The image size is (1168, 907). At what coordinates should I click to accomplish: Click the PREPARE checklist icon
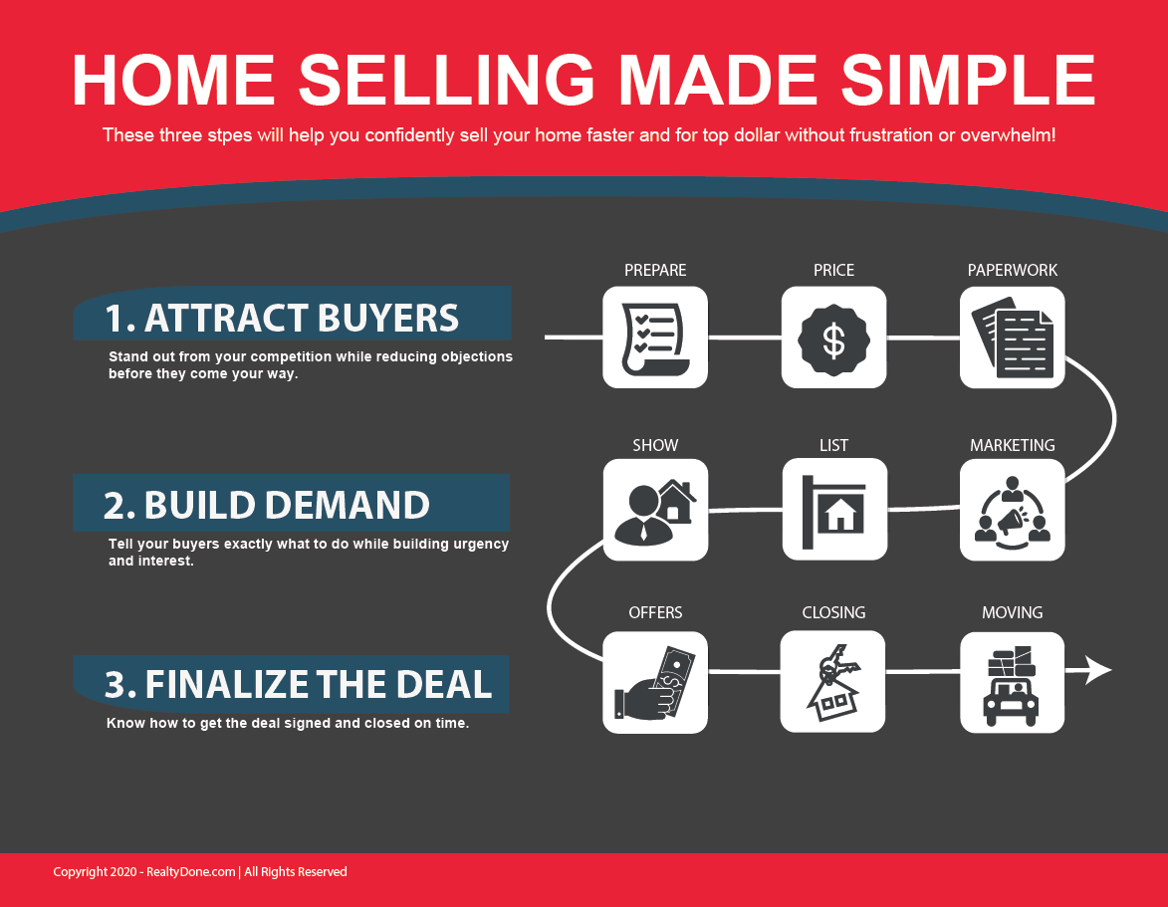[x=655, y=338]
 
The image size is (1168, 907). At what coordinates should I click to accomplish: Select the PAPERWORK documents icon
[x=1013, y=338]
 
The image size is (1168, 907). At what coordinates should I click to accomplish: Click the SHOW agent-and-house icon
[x=655, y=510]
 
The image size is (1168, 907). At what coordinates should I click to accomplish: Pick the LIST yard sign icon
[x=834, y=510]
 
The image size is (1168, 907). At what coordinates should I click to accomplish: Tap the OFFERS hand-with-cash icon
[x=655, y=682]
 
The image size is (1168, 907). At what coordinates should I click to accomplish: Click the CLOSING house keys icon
[x=832, y=681]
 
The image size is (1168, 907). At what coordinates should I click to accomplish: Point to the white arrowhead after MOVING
[x=1097, y=670]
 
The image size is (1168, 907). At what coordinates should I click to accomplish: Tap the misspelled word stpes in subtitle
[x=229, y=135]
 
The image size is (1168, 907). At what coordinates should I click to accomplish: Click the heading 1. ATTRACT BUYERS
[x=282, y=318]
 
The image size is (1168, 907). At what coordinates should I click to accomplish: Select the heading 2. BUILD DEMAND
[x=267, y=505]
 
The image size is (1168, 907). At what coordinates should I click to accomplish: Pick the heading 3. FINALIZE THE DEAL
[x=298, y=684]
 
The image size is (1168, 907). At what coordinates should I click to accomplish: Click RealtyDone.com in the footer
[x=191, y=872]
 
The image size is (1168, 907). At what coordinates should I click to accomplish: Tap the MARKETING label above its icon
[x=1013, y=445]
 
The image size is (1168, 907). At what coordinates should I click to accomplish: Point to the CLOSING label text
[x=833, y=613]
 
